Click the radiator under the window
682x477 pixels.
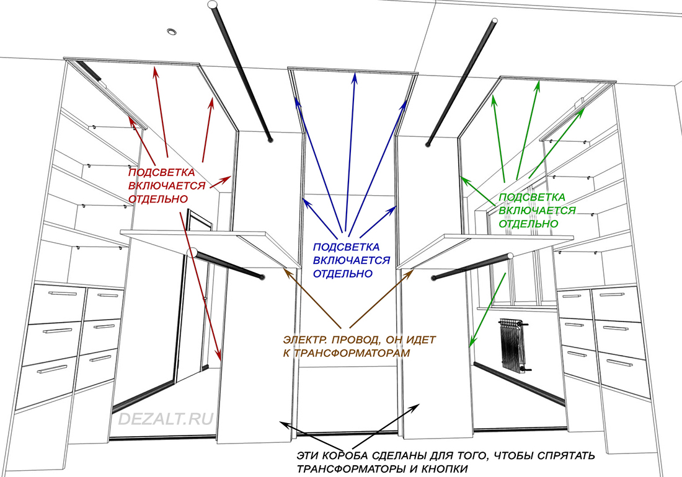tap(514, 344)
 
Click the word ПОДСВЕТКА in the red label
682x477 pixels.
tap(161, 172)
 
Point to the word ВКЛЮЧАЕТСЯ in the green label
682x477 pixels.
tap(537, 211)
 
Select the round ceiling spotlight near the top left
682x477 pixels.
tap(171, 30)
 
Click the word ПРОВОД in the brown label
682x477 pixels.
tap(352, 339)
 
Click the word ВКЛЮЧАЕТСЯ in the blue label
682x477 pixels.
tap(352, 260)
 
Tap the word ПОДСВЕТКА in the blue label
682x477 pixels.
tap(345, 247)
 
